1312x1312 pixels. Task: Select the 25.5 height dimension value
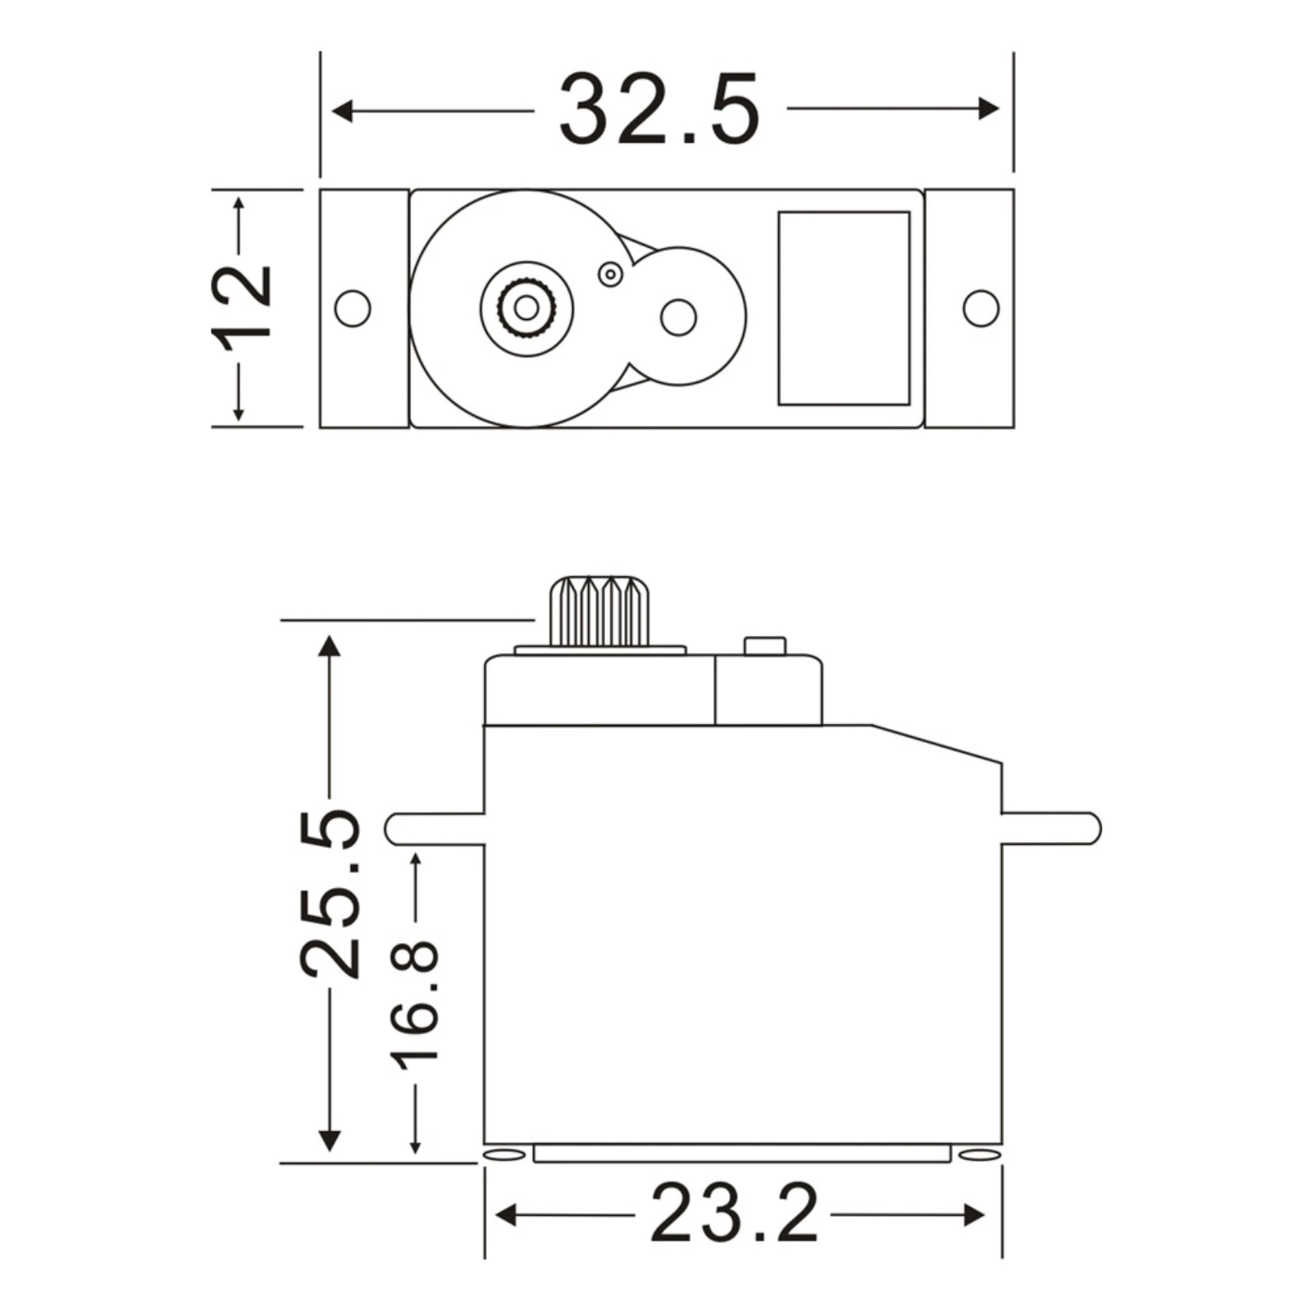pyautogui.click(x=330, y=894)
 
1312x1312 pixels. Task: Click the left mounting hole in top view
pyautogui.click(x=353, y=308)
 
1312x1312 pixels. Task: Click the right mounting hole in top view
pyautogui.click(x=981, y=308)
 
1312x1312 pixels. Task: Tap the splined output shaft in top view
pyautogui.click(x=526, y=308)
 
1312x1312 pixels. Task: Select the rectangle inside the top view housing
pyautogui.click(x=844, y=308)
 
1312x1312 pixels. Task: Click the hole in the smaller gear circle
pyautogui.click(x=678, y=317)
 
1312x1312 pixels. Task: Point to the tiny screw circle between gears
pyautogui.click(x=610, y=275)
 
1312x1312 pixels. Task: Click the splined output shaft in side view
pyautogui.click(x=600, y=612)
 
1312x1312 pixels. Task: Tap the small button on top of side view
pyautogui.click(x=764, y=646)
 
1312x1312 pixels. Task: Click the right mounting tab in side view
pyautogui.click(x=1051, y=828)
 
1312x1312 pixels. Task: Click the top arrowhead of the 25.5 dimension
pyautogui.click(x=329, y=646)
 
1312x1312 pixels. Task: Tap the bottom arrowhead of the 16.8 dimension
pyautogui.click(x=416, y=1146)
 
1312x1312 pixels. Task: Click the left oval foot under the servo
pyautogui.click(x=504, y=1155)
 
